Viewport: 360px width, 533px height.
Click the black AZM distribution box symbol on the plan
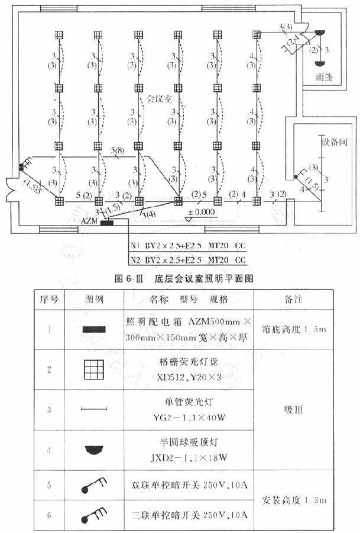click(107, 223)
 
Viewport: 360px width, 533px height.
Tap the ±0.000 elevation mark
click(201, 211)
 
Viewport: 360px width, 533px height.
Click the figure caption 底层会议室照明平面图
click(195, 278)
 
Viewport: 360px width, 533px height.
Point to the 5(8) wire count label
click(118, 152)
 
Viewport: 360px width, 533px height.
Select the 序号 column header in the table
click(48, 298)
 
